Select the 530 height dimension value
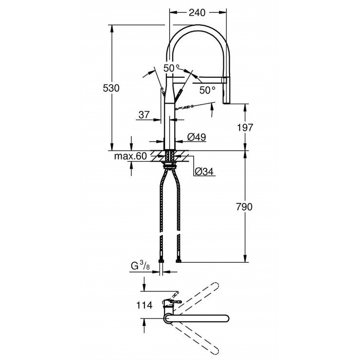coord(111,88)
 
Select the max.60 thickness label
coord(130,156)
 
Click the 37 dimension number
coord(144,115)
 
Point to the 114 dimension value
coord(145,305)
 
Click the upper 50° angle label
coord(171,69)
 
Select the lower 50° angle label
coord(207,90)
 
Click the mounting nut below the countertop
coord(170,165)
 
